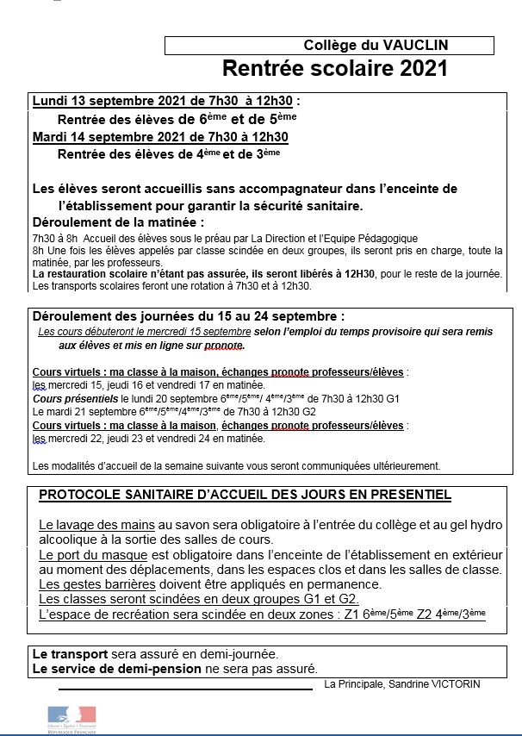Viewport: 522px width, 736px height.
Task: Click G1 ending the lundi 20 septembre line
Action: pyautogui.click(x=394, y=400)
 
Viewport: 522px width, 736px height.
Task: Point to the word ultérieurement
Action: pyautogui.click(x=401, y=465)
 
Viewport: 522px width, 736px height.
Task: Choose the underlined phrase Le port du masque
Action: pyautogui.click(x=93, y=555)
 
